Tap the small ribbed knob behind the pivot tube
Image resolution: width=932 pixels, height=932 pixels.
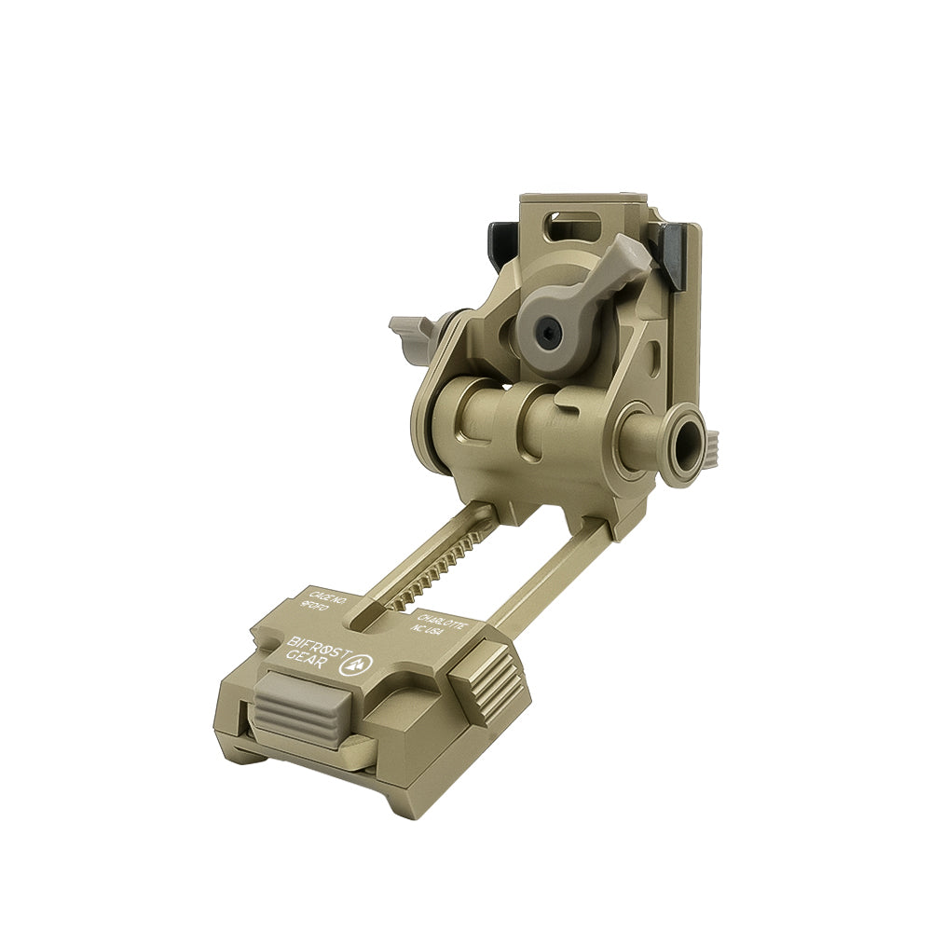(713, 448)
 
